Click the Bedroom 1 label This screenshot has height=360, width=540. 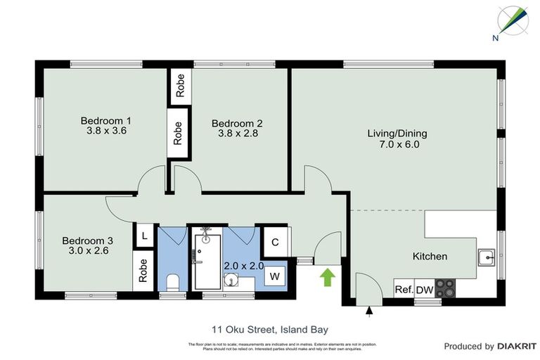(105, 120)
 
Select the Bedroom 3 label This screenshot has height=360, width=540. (87, 240)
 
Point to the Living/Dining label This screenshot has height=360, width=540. (397, 133)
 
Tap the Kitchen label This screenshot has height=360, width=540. (430, 257)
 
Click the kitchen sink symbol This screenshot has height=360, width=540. (485, 257)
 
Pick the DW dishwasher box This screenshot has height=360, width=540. (425, 289)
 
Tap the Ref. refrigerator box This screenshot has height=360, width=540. (404, 289)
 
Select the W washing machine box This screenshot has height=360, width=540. (275, 276)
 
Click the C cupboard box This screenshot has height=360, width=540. (275, 243)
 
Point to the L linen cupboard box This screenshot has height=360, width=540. (144, 236)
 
